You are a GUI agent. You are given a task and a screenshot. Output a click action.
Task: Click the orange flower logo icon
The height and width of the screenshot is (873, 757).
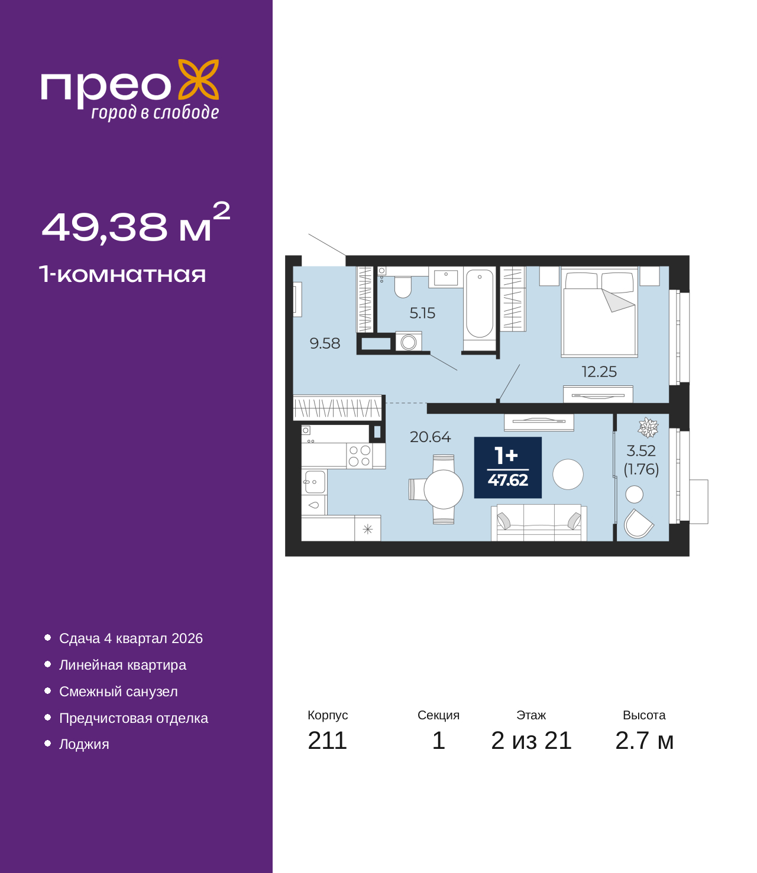[x=198, y=79]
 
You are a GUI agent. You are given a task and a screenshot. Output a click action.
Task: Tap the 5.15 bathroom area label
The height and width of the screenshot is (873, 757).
[x=422, y=313]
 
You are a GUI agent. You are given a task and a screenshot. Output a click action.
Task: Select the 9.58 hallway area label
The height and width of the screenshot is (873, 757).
[x=325, y=343]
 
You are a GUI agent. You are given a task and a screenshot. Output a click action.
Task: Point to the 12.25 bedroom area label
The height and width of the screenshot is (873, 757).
[x=599, y=372]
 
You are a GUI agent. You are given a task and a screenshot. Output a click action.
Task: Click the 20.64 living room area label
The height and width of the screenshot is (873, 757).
[x=431, y=437]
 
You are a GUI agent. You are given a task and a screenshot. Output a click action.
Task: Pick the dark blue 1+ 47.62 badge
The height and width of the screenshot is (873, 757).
[x=507, y=468]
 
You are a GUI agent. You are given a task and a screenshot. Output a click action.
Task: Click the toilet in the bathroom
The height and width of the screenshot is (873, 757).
[x=403, y=286]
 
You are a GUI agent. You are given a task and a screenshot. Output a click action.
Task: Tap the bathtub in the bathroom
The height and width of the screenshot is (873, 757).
[x=479, y=303]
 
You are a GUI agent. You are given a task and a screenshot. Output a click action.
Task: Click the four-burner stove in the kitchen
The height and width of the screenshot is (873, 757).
[x=359, y=456]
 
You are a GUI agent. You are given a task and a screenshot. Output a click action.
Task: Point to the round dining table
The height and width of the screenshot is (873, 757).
[x=444, y=489]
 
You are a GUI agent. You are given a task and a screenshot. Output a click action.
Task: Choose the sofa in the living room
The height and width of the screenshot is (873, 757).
[x=539, y=522]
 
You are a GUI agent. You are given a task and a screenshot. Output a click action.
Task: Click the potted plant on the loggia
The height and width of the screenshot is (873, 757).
[x=648, y=427]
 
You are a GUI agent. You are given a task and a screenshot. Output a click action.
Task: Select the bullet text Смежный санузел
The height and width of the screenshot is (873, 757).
[x=118, y=692]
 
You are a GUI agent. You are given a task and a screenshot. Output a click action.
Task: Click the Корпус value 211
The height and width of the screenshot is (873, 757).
[x=327, y=741]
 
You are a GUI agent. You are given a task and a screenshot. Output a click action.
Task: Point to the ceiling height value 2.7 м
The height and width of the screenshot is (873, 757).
[x=644, y=741]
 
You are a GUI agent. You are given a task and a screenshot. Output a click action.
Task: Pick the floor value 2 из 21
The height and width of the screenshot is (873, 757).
[x=531, y=741]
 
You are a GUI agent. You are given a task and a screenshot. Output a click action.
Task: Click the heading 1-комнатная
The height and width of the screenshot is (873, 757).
[x=122, y=274]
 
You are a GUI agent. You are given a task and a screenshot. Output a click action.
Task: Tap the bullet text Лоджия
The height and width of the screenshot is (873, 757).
[x=84, y=744]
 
